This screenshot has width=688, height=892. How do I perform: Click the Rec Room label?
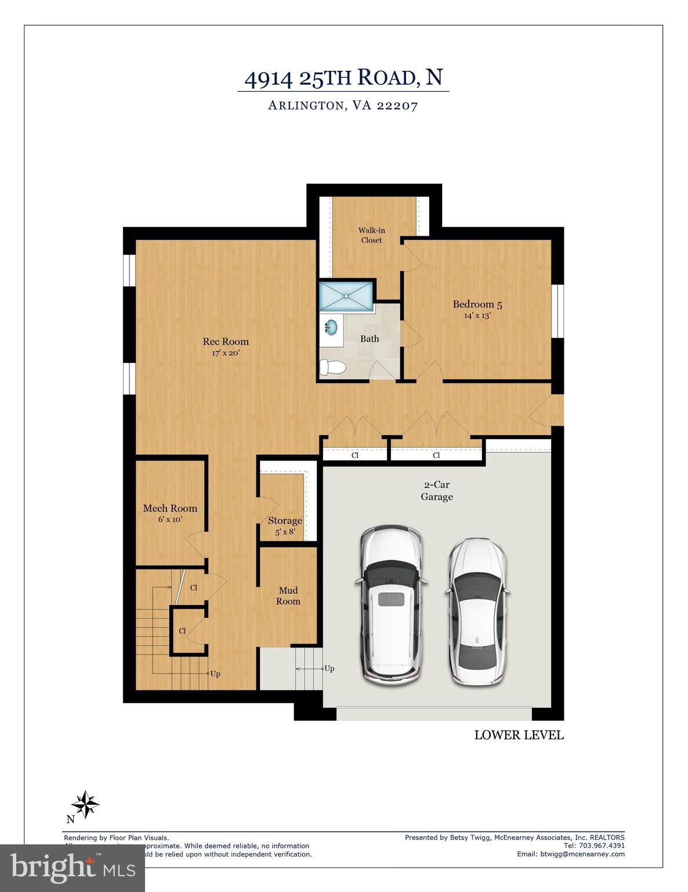click(226, 342)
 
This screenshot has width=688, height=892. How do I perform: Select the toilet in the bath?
click(333, 367)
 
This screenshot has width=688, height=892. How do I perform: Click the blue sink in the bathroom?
click(331, 328)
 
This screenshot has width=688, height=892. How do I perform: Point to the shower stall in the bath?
click(346, 296)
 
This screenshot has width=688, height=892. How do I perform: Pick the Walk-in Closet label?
click(371, 235)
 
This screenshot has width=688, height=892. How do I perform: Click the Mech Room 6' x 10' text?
click(170, 513)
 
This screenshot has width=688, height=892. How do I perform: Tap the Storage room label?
click(285, 521)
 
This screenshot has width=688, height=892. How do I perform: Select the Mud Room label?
click(288, 596)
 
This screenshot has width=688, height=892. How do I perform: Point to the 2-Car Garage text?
click(436, 491)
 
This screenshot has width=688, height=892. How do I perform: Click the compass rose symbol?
click(85, 804)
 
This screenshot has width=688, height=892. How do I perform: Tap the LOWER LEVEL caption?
click(519, 735)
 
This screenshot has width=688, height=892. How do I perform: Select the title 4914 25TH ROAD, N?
click(343, 78)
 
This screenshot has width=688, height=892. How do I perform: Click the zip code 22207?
click(397, 106)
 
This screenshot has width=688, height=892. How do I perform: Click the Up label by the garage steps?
click(329, 668)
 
